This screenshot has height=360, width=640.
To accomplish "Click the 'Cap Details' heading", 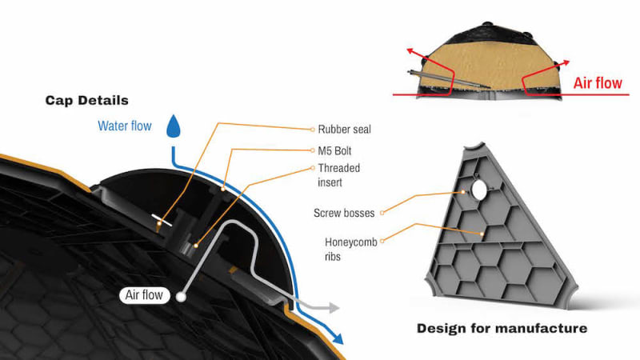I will pyautogui.click(x=86, y=101).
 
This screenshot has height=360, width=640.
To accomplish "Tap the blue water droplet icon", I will pyautogui.click(x=172, y=126).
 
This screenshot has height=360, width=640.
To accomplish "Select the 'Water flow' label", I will pyautogui.click(x=124, y=126).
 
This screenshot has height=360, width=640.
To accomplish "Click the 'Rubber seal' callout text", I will pyautogui.click(x=344, y=128).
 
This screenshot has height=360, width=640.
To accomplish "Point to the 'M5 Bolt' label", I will pyautogui.click(x=335, y=150).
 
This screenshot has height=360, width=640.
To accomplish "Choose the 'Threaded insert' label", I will pyautogui.click(x=339, y=174).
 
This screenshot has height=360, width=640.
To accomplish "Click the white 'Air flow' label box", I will pyautogui.click(x=144, y=295).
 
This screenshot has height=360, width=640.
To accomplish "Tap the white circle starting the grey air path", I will pyautogui.click(x=182, y=297).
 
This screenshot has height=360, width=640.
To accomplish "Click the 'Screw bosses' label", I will pyautogui.click(x=344, y=212).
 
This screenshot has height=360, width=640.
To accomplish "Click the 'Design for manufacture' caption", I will pyautogui.click(x=502, y=328).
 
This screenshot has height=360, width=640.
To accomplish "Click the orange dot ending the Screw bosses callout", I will pyautogui.click(x=463, y=193).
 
